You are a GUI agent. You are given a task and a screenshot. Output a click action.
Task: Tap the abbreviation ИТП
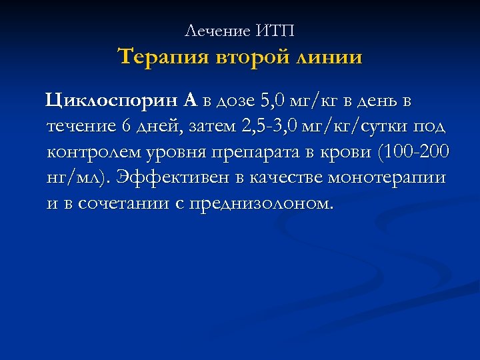[x=275, y=31]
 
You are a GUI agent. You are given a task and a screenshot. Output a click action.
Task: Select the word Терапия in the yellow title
[x=163, y=57]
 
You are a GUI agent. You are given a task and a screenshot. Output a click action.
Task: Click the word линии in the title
[x=329, y=57]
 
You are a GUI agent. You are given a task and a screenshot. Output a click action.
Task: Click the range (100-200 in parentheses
[x=413, y=152]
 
